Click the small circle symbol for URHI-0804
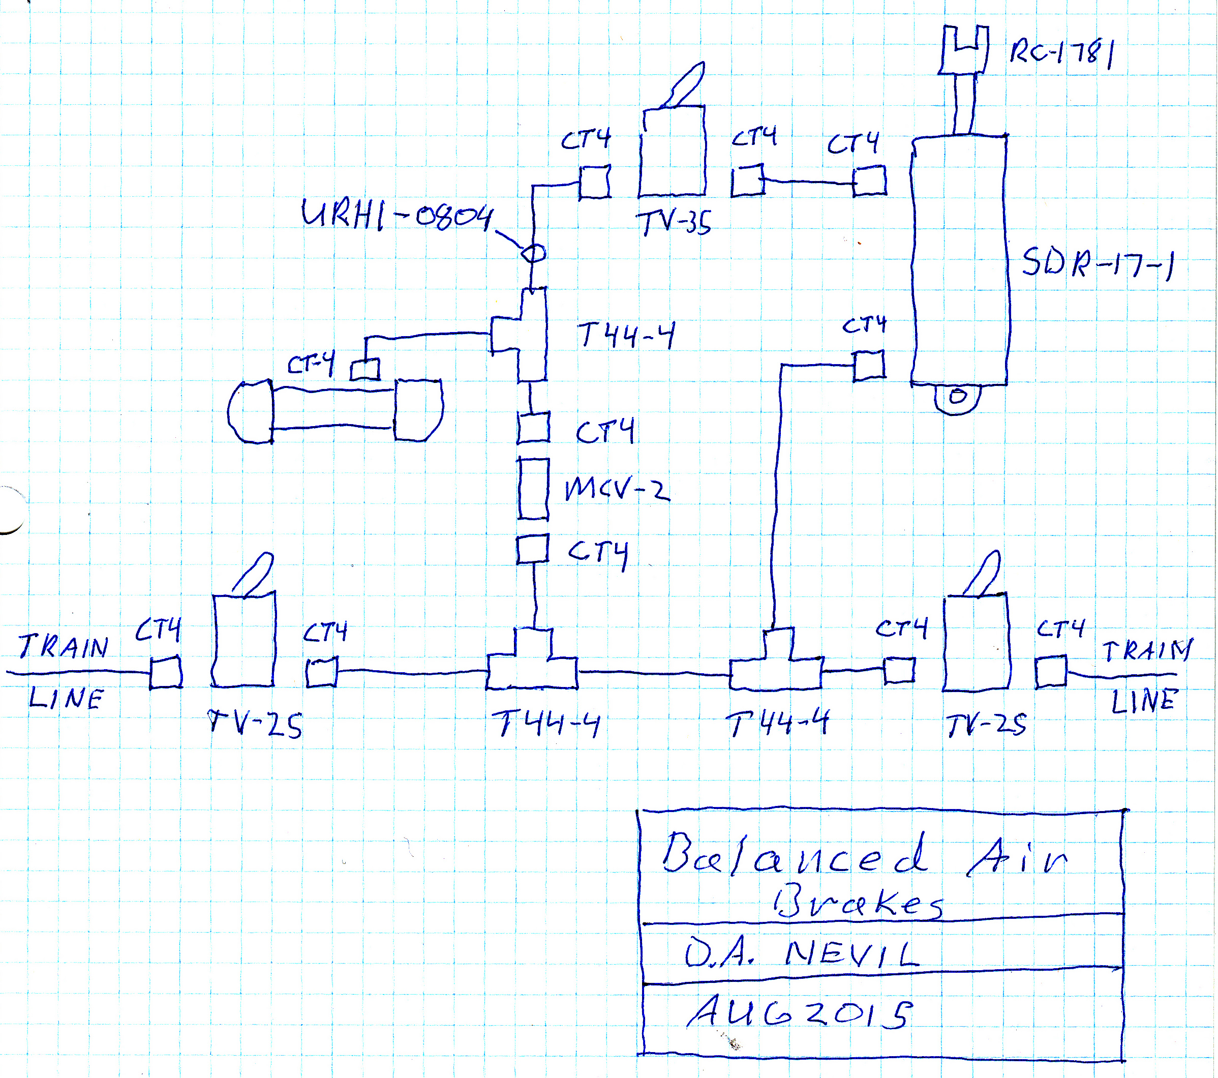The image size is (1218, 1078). tap(533, 254)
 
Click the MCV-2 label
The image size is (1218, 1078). tap(617, 490)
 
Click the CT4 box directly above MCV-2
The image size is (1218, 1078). tap(533, 428)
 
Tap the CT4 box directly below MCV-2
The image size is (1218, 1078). tap(533, 549)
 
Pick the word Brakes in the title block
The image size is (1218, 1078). tap(858, 903)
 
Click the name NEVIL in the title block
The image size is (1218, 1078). tap(852, 953)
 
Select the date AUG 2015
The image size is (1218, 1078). tap(799, 1013)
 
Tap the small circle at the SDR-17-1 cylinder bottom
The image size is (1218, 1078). tap(958, 396)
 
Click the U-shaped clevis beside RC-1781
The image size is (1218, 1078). tap(963, 51)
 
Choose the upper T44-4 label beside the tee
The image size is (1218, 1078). tap(626, 335)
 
